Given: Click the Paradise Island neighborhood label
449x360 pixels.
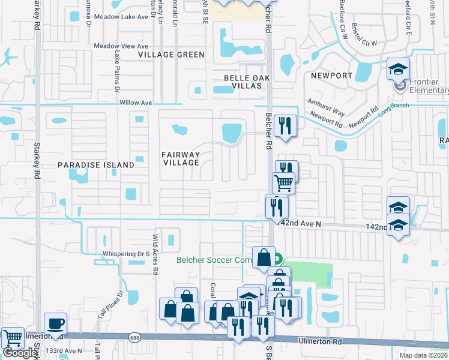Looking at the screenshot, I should click(x=96, y=164).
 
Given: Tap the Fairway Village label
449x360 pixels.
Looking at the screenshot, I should click(x=181, y=158).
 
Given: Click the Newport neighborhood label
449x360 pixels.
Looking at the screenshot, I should click(x=331, y=76).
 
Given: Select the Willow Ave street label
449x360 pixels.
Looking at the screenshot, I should click(x=136, y=103).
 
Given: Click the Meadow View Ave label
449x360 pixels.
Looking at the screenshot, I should click(x=121, y=46).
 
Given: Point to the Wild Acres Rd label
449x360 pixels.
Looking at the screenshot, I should click(x=155, y=254).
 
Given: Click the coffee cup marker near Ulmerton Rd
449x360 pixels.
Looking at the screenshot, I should click(x=56, y=323).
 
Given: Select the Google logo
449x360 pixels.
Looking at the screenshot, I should click(x=20, y=352).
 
